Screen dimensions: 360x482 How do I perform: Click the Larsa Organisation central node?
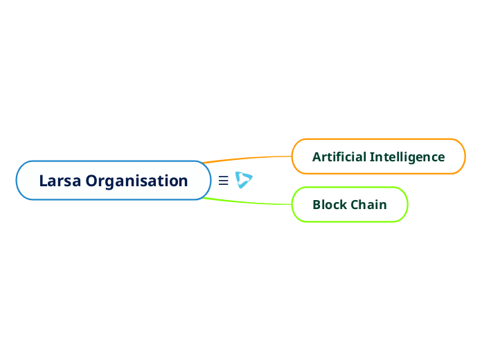[x=113, y=181]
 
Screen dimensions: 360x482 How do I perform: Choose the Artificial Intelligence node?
[x=378, y=156]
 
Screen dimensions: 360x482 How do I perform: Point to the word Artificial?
[x=339, y=156]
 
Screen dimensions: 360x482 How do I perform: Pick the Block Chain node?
[x=350, y=205]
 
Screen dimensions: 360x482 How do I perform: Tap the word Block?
[x=330, y=205]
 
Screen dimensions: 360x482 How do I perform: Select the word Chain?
[x=368, y=205]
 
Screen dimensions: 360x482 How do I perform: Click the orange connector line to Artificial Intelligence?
[x=249, y=158]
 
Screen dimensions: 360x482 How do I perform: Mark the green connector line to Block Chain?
[x=249, y=203]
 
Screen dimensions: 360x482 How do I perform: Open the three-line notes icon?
[x=223, y=181]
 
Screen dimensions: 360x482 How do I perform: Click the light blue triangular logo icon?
[x=243, y=180]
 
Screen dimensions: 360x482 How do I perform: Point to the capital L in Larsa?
[x=43, y=181]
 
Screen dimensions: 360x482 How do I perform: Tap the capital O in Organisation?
[x=92, y=181]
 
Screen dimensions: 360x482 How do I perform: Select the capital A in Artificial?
[x=316, y=156]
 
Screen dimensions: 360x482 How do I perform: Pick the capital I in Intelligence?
[x=371, y=156]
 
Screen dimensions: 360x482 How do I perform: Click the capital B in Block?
[x=316, y=205]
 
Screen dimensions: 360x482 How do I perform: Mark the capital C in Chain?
[x=355, y=205]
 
